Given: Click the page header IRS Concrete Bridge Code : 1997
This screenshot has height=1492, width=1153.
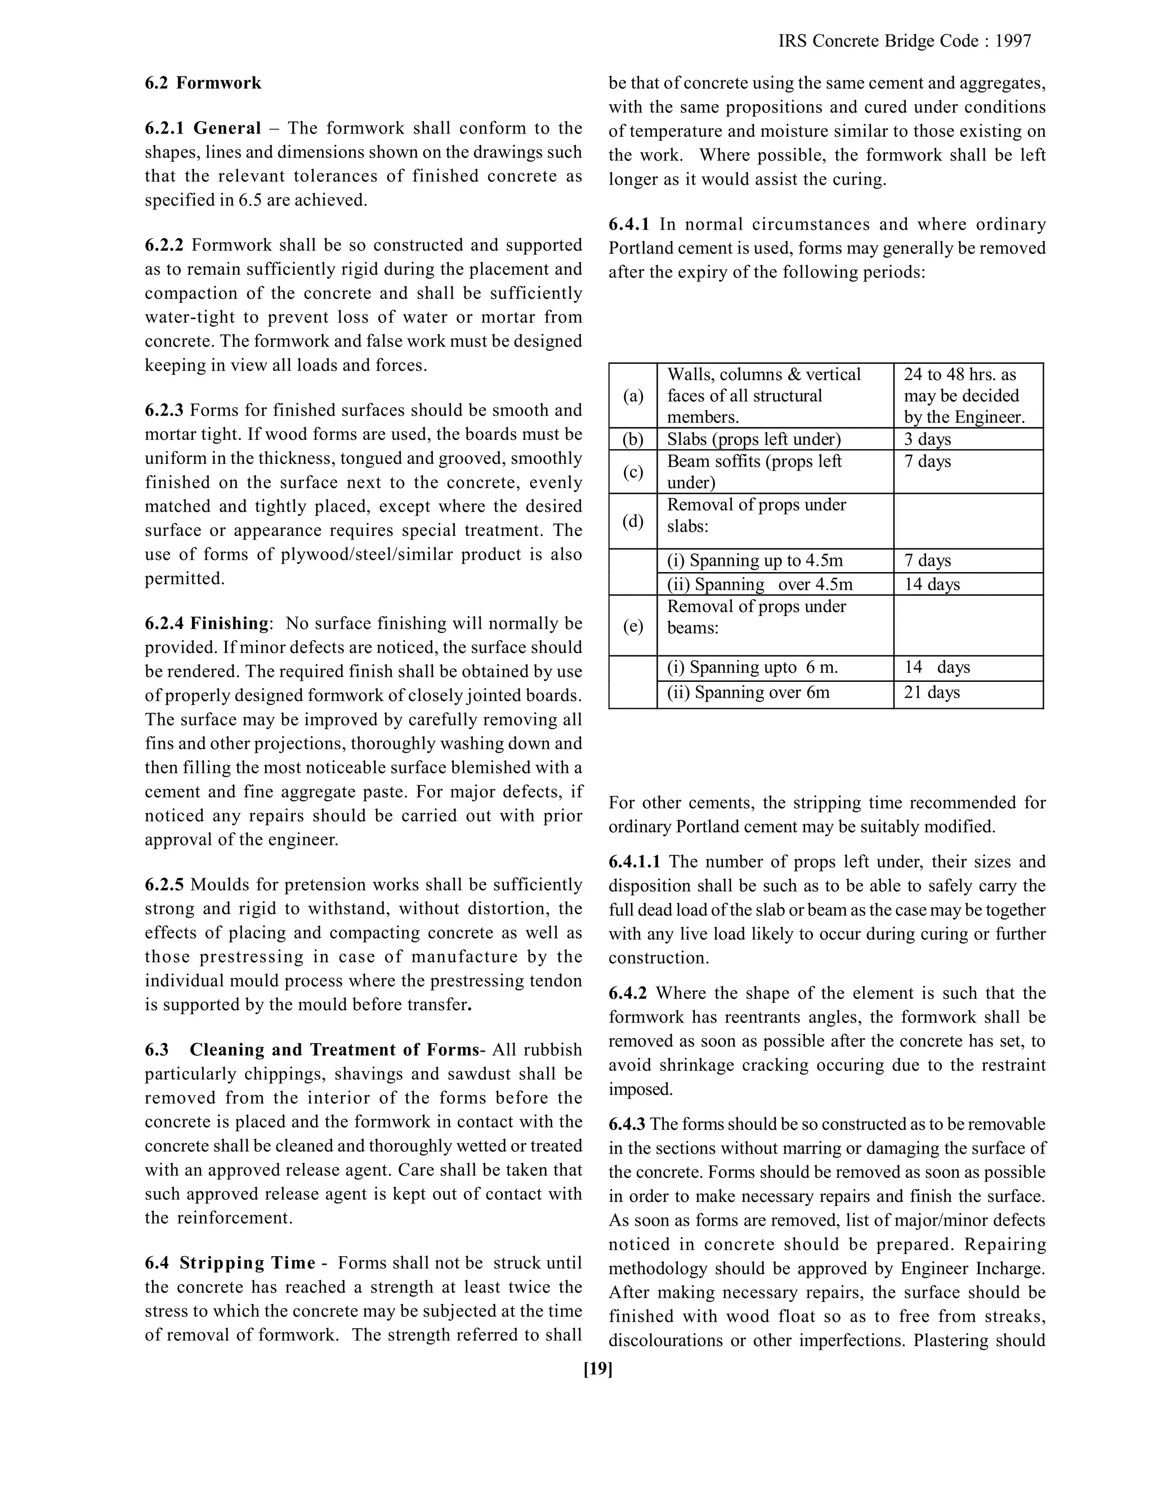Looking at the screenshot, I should (x=904, y=41).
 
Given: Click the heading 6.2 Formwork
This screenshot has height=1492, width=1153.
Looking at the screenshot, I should (x=203, y=83).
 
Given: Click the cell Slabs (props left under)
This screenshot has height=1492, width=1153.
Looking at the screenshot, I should (x=753, y=439).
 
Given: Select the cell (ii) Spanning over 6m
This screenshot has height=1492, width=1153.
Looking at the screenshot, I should (x=748, y=692).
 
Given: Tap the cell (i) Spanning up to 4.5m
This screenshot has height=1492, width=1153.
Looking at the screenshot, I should (x=755, y=560).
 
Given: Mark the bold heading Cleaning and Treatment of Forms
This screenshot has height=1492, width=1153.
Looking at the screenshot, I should (x=334, y=1049).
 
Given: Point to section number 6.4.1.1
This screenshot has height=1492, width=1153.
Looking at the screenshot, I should (x=634, y=861).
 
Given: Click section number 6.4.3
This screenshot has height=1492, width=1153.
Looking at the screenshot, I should (x=627, y=1124).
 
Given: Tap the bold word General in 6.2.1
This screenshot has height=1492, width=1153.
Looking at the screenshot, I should (x=227, y=128).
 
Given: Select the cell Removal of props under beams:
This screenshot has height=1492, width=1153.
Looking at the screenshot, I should (x=756, y=617).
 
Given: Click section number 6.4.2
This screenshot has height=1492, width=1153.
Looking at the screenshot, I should (x=628, y=993).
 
